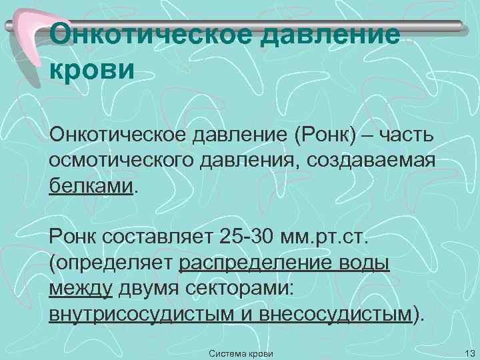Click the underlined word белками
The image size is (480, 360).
click(x=91, y=185)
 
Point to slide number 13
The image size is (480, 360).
click(x=466, y=351)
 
